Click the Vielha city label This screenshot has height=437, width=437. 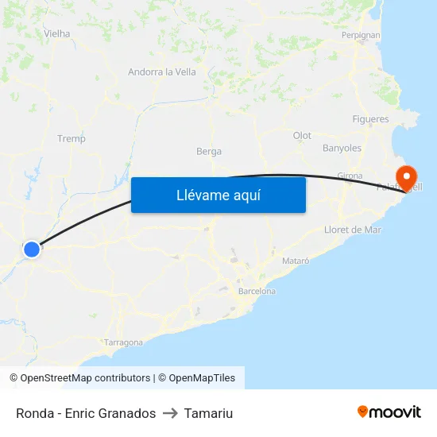pos(57,33)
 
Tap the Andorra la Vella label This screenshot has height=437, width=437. pos(162,72)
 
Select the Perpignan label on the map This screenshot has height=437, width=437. pos(360,35)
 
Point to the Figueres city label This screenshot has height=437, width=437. pos(370,119)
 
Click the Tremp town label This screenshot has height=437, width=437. pos(72,138)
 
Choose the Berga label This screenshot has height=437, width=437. pos(209,151)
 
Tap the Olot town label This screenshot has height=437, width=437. pos(302,136)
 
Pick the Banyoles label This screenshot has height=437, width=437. pos(342,148)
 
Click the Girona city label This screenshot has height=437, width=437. pos(350,176)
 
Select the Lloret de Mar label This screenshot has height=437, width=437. pos(353,230)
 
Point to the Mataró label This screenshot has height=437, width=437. pos(296,260)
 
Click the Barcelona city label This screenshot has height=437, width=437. pos(257,291)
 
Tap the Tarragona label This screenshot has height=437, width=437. pos(123,342)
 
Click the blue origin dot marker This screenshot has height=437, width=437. pos(32,249)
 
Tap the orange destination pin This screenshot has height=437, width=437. pos(406,176)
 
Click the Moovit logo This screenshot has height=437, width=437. pos(389,412)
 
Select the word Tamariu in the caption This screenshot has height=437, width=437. pos(208,413)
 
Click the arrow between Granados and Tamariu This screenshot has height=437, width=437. pos(170,413)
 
